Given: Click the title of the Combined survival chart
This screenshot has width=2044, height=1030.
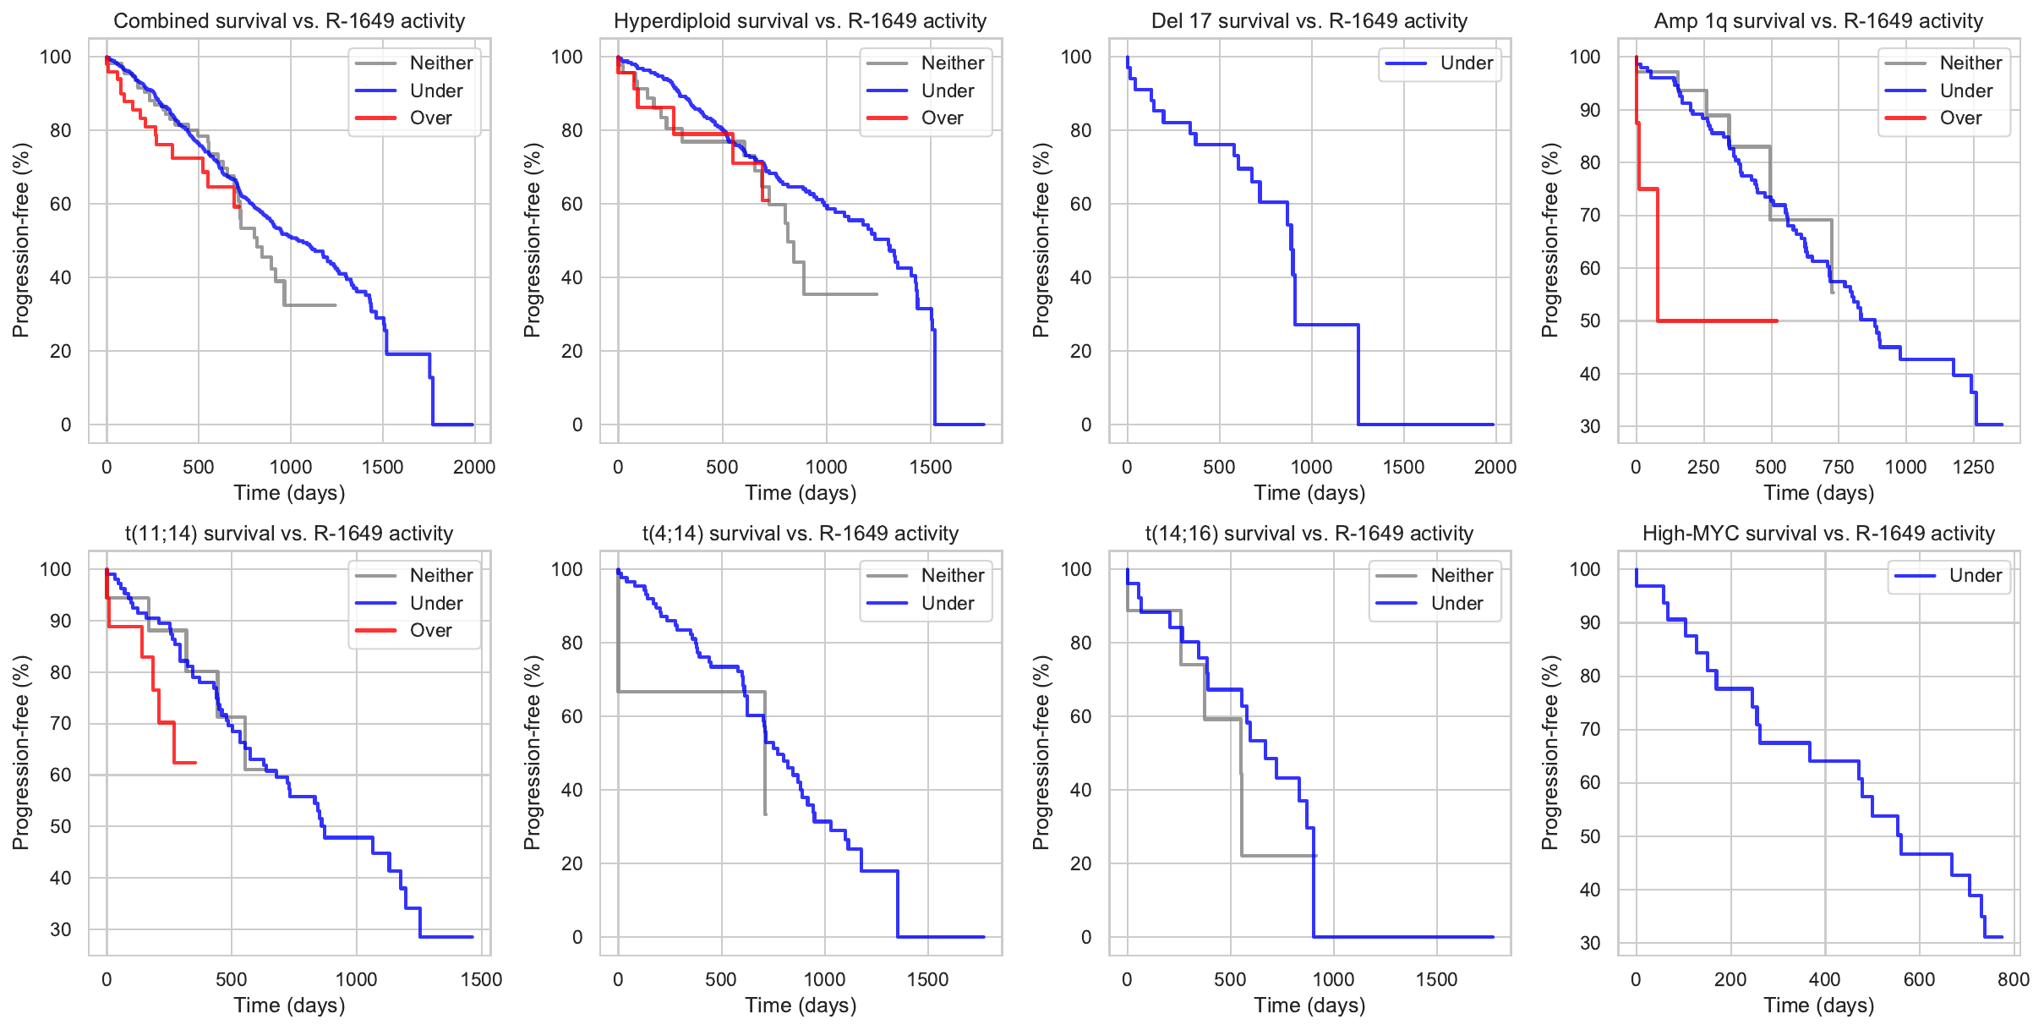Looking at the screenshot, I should coord(289,21).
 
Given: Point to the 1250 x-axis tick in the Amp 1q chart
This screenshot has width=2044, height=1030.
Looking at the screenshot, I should coord(1973,468).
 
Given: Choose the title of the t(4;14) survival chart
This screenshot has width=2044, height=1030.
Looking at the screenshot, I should coord(800,534).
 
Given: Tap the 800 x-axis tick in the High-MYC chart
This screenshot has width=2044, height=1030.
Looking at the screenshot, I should coord(2014,980).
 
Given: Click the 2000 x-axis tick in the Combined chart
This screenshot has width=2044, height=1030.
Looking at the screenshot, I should coord(474,468).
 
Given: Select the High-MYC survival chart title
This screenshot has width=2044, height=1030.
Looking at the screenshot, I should coord(1818,534).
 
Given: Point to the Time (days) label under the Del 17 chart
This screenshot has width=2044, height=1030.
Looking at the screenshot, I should coord(1309,493).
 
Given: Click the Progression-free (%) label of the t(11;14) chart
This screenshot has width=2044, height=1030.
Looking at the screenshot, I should coord(21,753).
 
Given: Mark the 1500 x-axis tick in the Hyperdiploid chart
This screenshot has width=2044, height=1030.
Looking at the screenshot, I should coord(931,468).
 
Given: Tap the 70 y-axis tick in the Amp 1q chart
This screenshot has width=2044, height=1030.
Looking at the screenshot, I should coord(1590,216).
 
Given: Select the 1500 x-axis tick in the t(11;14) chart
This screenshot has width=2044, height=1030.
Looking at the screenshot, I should coord(481,980).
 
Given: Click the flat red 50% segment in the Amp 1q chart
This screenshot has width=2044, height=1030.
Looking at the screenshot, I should coord(1716,321).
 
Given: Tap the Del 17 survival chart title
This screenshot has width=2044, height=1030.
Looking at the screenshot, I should coord(1309,21).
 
